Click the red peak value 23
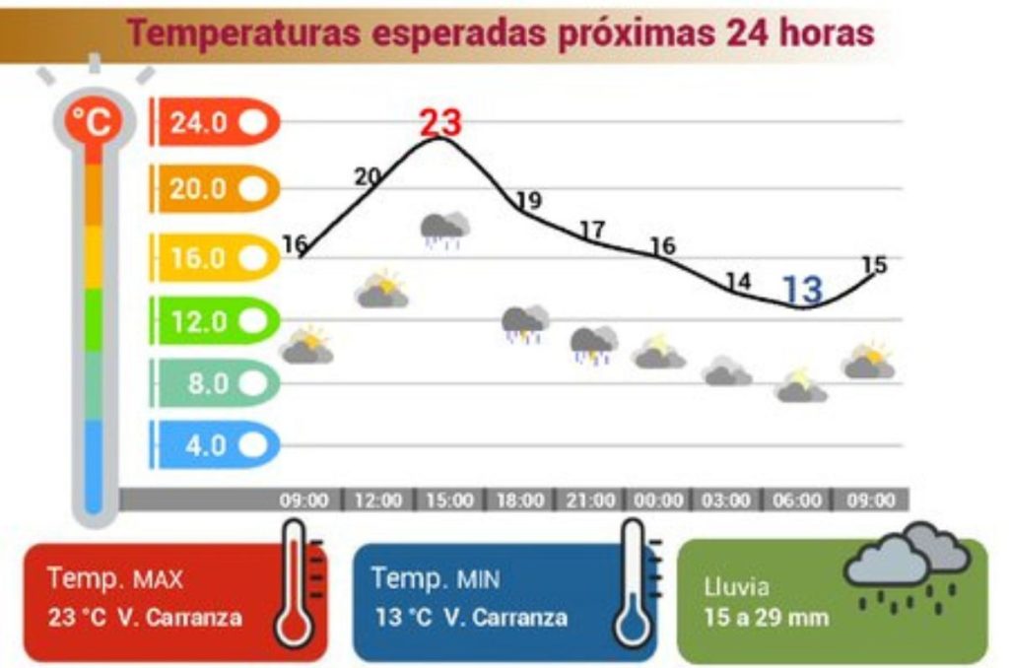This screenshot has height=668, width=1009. tap(440, 122)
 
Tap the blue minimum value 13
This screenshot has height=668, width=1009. tap(802, 289)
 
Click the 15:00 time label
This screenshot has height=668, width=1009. tap(449, 501)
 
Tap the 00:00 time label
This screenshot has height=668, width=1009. tap(658, 501)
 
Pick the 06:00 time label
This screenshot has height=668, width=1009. tap(796, 501)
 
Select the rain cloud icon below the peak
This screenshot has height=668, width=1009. tap(444, 229)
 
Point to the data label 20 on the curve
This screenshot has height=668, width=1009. tap(368, 176)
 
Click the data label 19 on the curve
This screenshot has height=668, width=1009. tap(529, 201)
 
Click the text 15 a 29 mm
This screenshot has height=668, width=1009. tap(767, 618)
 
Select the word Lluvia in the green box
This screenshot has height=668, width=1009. tap(735, 587)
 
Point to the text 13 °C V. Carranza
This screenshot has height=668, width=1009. tap(471, 618)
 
